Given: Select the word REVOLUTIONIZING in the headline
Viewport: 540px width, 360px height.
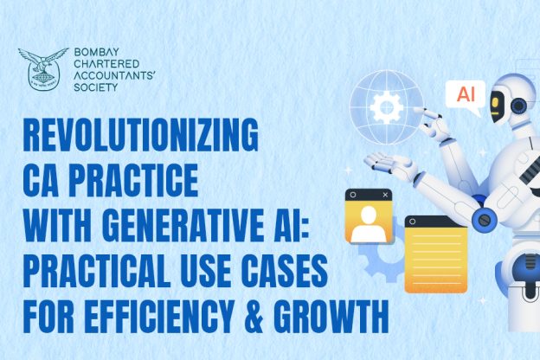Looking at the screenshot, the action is click(x=140, y=134).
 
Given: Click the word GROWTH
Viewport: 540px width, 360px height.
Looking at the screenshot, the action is click(x=331, y=316).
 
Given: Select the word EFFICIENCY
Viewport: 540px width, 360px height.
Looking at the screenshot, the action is click(x=159, y=316).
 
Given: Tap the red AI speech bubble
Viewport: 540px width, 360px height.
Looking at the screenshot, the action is click(x=466, y=94).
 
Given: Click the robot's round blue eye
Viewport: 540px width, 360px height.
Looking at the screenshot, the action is click(x=518, y=106).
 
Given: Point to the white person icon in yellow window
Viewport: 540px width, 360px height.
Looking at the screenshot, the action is click(x=369, y=224).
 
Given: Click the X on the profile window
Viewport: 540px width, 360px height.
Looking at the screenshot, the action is click(x=385, y=195).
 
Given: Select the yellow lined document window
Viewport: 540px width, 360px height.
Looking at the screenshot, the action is click(x=436, y=254).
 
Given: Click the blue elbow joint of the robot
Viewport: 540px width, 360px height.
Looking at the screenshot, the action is click(x=484, y=218).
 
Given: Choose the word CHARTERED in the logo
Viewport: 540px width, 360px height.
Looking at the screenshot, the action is click(x=106, y=64).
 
